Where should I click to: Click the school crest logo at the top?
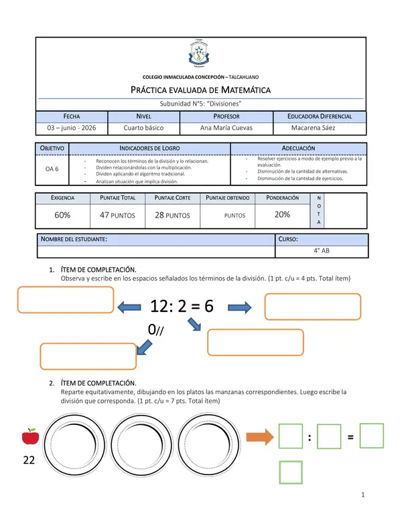[x=199, y=54]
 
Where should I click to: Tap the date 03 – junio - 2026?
[x=72, y=128]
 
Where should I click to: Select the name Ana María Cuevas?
[x=226, y=128]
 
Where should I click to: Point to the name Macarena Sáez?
[x=313, y=128]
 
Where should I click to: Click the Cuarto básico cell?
[x=143, y=128]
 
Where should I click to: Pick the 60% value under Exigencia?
[x=62, y=215]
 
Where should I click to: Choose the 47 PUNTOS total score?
[x=117, y=215]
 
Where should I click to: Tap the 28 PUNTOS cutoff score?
[x=172, y=215]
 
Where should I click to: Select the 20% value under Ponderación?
[x=282, y=215]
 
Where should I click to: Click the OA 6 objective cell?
[x=52, y=169]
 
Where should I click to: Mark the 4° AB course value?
[x=322, y=251]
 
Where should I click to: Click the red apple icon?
[x=31, y=436]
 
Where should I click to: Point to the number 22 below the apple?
[x=29, y=460]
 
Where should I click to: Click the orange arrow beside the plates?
[x=260, y=437]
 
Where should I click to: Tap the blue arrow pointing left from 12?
[x=129, y=307]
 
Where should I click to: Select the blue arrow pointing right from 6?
[x=240, y=307]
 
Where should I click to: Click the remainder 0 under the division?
[x=151, y=329]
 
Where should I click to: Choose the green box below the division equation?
[x=291, y=472]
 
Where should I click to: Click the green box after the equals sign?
[x=371, y=436]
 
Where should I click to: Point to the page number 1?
[x=363, y=495]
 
